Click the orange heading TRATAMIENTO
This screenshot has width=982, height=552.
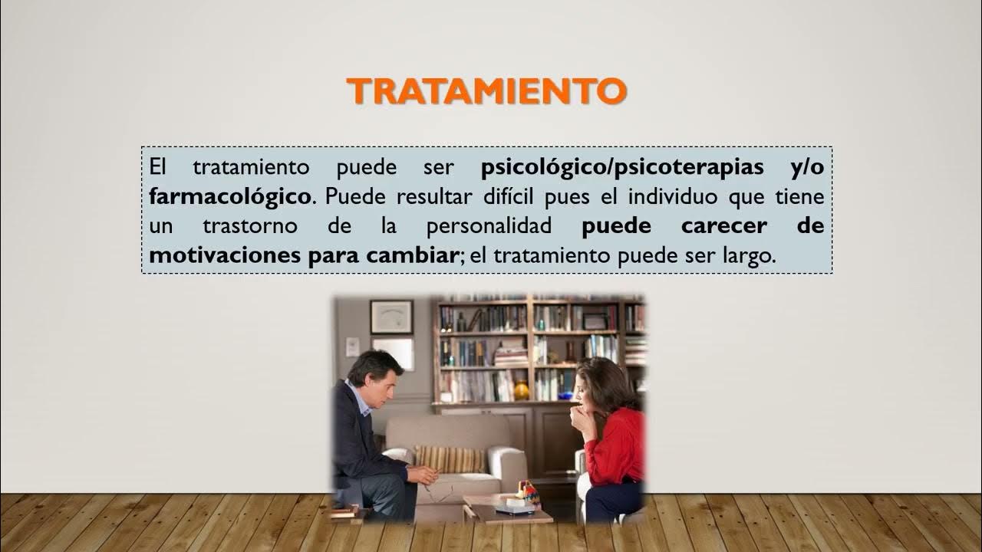coord(486,90)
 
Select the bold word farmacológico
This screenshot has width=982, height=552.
coord(231,196)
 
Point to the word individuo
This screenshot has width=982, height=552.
coord(670,196)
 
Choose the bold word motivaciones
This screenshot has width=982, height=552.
coord(225,256)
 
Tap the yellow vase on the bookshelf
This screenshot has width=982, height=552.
coord(522,391)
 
